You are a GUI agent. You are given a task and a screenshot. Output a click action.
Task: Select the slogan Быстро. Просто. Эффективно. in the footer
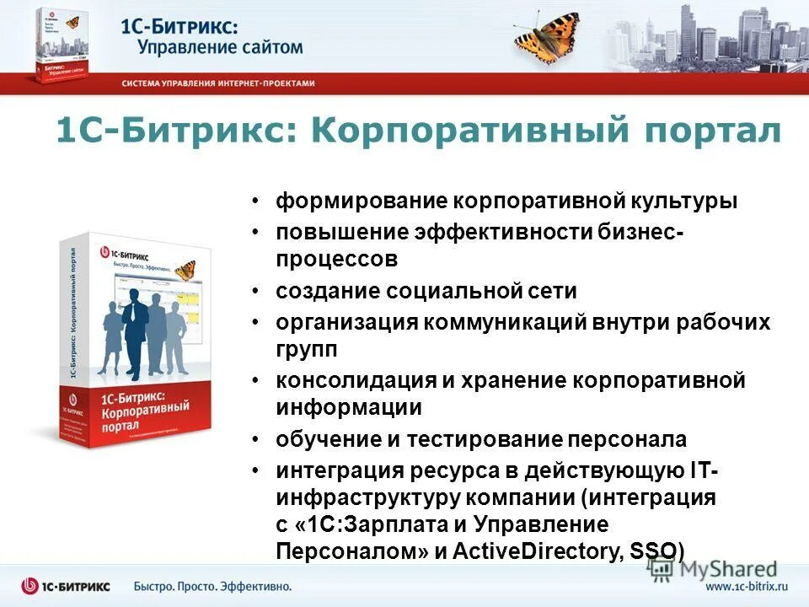tap(212, 585)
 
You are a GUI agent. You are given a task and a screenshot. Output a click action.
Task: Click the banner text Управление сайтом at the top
tap(221, 46)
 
